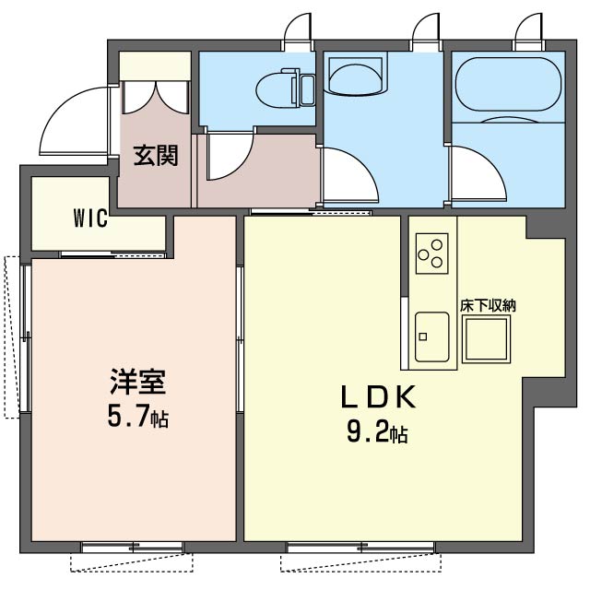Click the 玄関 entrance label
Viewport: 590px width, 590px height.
[x=156, y=156]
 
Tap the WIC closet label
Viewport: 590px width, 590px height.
[x=90, y=218]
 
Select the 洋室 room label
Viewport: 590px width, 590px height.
[x=138, y=382]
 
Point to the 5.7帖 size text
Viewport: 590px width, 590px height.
[x=138, y=416]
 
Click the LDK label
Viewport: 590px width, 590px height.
[x=378, y=397]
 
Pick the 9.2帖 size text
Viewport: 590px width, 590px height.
[x=377, y=432]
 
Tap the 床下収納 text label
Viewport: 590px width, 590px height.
[x=488, y=306]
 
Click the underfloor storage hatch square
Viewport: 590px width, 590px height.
[x=487, y=339]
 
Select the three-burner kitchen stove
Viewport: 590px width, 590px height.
[x=432, y=254]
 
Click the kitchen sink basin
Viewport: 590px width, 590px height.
[x=432, y=336]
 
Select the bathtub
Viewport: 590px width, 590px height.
[x=508, y=84]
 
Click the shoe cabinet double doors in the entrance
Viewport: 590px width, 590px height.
[x=155, y=97]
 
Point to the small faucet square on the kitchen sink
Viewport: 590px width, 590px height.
[x=423, y=336]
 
